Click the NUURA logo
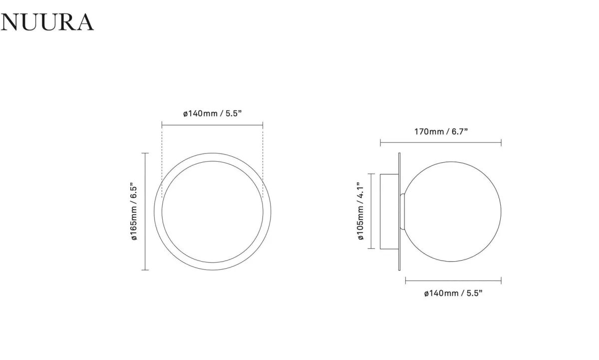[x=47, y=22]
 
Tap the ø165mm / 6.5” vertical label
[x=134, y=212]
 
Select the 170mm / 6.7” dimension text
[x=441, y=132]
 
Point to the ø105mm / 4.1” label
[x=360, y=211]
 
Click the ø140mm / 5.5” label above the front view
[x=212, y=113]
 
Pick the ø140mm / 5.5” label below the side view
[x=453, y=293]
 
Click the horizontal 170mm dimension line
[x=441, y=143]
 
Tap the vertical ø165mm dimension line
[x=145, y=212]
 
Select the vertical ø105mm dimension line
[x=371, y=211]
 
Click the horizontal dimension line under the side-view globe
[x=453, y=281]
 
